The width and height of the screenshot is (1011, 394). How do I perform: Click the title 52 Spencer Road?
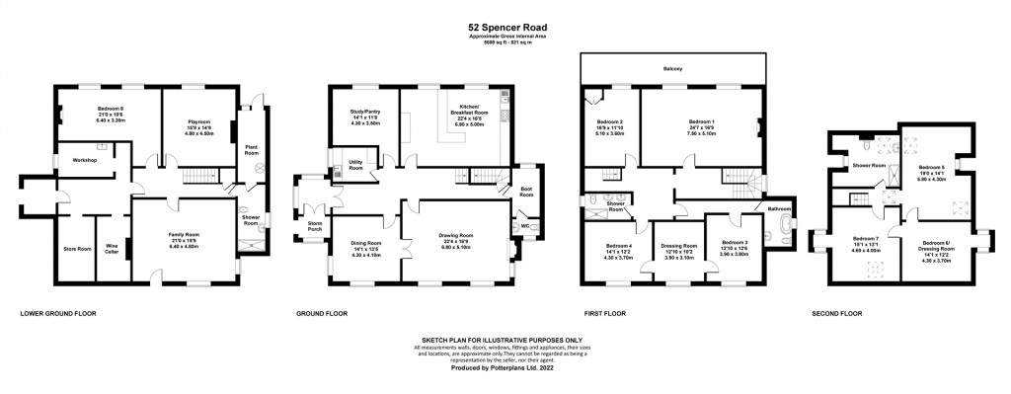click(505, 29)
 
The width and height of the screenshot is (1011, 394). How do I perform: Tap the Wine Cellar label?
click(113, 248)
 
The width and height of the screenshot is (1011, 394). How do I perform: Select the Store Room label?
click(75, 248)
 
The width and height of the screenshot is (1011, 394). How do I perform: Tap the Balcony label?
click(672, 68)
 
